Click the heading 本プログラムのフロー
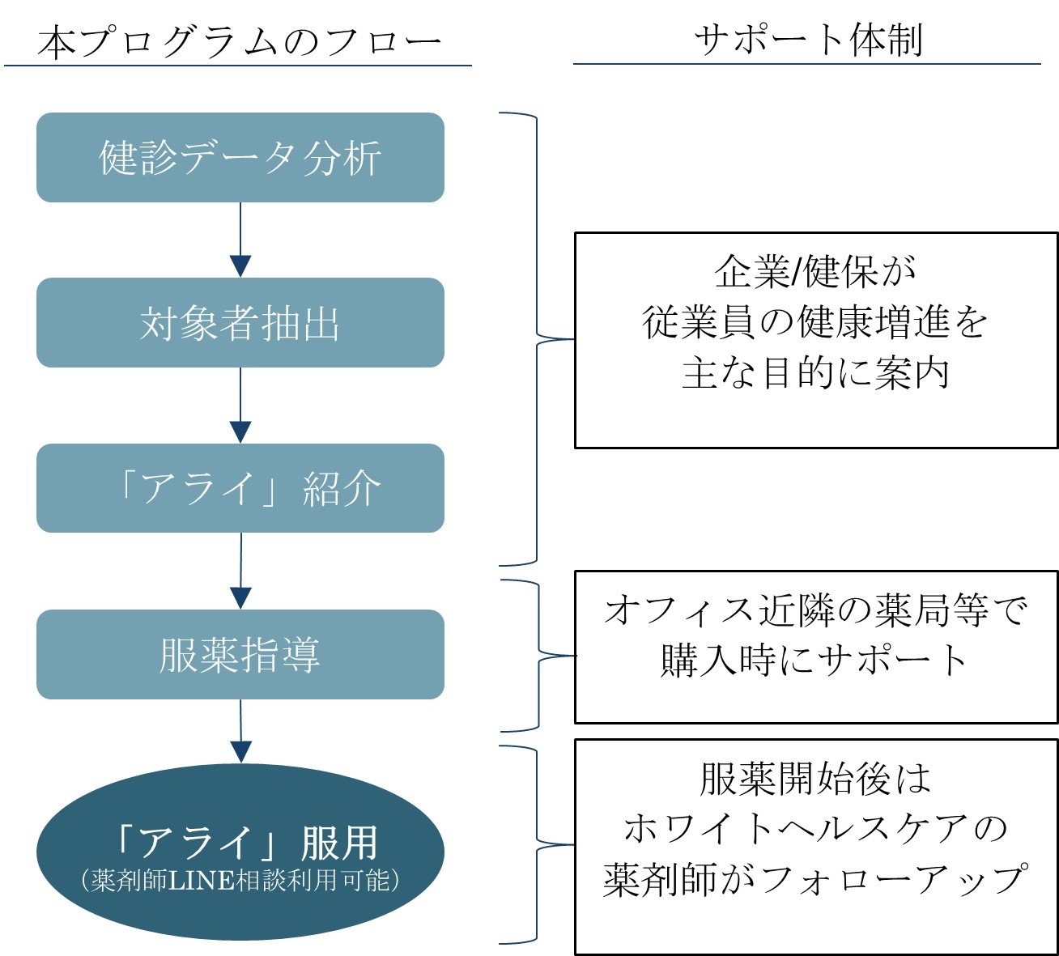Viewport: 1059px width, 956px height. coord(239,42)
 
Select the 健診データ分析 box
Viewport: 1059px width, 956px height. coord(240,158)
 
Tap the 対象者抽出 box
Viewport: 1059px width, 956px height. coord(240,323)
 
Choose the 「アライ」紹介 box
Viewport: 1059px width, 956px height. coord(240,488)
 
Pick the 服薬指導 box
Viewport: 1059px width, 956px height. coord(240,654)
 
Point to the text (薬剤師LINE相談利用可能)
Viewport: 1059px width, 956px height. coord(240,880)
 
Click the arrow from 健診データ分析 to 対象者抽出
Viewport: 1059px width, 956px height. coord(240,239)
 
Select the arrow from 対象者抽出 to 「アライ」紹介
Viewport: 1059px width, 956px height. coord(240,405)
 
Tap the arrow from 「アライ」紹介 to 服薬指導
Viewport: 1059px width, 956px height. coord(240,570)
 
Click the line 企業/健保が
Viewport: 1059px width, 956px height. coord(814,272)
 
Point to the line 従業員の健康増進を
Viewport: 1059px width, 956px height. coord(814,322)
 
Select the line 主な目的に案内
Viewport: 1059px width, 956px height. coord(814,373)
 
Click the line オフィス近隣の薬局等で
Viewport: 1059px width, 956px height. coord(814,610)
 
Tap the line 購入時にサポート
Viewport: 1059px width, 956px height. coord(814,661)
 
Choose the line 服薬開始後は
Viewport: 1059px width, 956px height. coord(814,779)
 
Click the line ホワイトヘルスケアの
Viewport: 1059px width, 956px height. coord(814,829)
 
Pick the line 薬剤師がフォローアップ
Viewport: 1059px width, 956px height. coord(814,880)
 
